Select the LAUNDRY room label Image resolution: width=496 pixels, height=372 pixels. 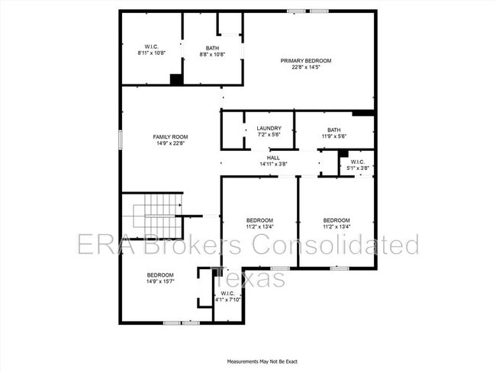[269, 128]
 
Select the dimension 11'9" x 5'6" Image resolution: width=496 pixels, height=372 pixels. [333, 135]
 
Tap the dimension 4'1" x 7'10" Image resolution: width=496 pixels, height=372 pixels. [227, 300]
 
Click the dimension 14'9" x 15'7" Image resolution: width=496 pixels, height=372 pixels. [160, 281]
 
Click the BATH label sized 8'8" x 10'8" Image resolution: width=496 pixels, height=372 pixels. [211, 48]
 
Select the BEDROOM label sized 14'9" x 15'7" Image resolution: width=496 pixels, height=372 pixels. [160, 274]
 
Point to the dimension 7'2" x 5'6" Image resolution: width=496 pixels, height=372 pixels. [269, 135]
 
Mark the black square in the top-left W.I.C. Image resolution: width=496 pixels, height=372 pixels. [176, 79]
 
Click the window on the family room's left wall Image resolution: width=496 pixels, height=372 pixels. [120, 139]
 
